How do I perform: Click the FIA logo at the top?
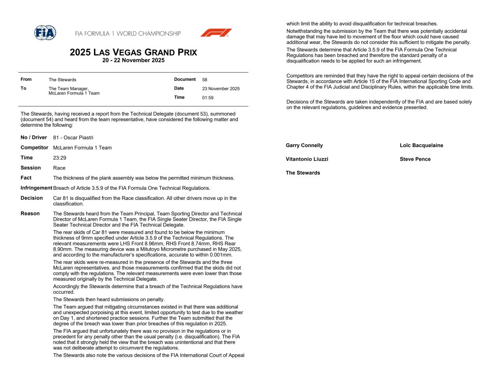(x=45, y=32)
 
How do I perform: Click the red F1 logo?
(x=216, y=33)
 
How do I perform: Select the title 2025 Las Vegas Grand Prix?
(x=133, y=52)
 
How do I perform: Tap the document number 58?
(x=204, y=80)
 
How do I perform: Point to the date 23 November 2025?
(x=220, y=89)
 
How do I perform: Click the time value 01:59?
(x=207, y=98)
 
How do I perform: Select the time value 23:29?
(x=60, y=158)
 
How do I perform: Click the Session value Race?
(x=59, y=168)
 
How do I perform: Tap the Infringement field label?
(x=36, y=188)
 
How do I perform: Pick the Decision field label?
(x=32, y=198)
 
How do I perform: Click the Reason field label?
(x=30, y=213)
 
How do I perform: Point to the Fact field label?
(x=26, y=178)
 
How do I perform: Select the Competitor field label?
(x=34, y=148)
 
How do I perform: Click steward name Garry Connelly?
(x=304, y=145)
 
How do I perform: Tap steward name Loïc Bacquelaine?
(x=421, y=145)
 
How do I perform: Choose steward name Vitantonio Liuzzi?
(x=307, y=159)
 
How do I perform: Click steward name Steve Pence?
(x=415, y=159)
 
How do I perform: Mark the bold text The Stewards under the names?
(x=303, y=173)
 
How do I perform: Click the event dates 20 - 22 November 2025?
(x=133, y=60)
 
